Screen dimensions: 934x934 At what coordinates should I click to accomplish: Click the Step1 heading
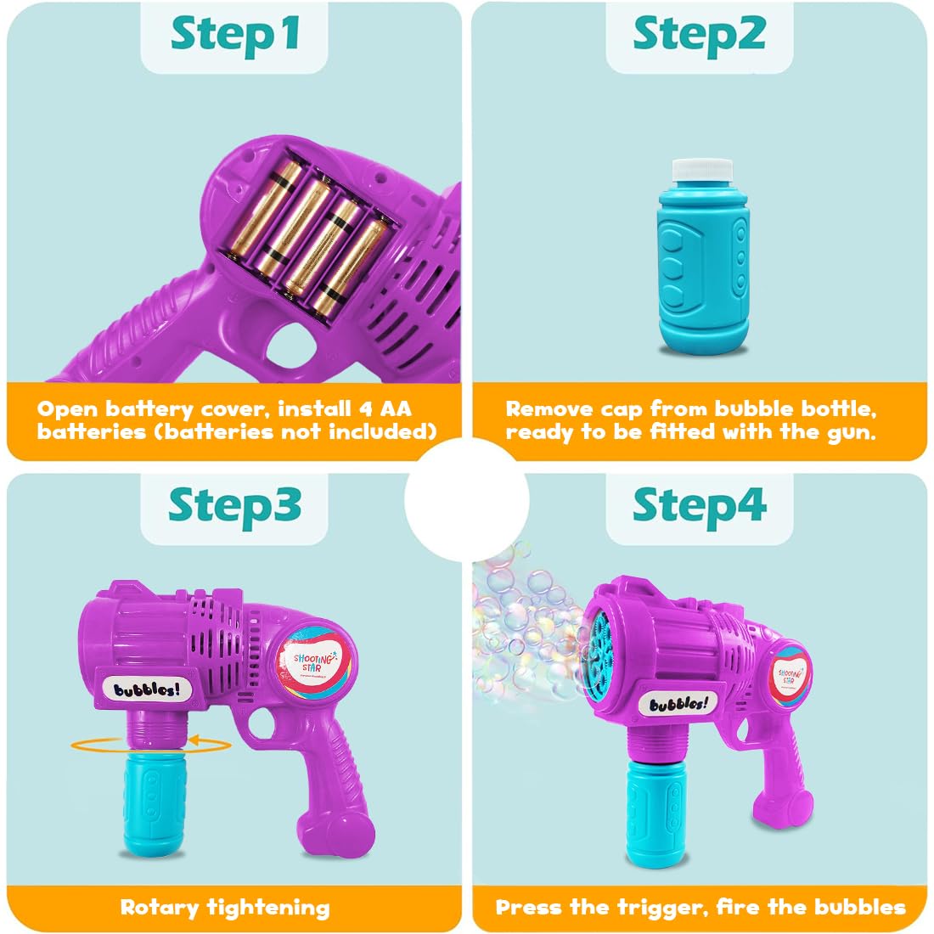(234, 34)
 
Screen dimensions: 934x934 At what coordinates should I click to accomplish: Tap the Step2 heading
(699, 34)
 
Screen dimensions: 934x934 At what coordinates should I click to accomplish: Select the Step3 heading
(234, 505)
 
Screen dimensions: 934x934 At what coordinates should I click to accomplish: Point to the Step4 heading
(699, 505)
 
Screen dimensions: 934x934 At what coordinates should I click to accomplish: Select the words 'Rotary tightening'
(225, 907)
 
